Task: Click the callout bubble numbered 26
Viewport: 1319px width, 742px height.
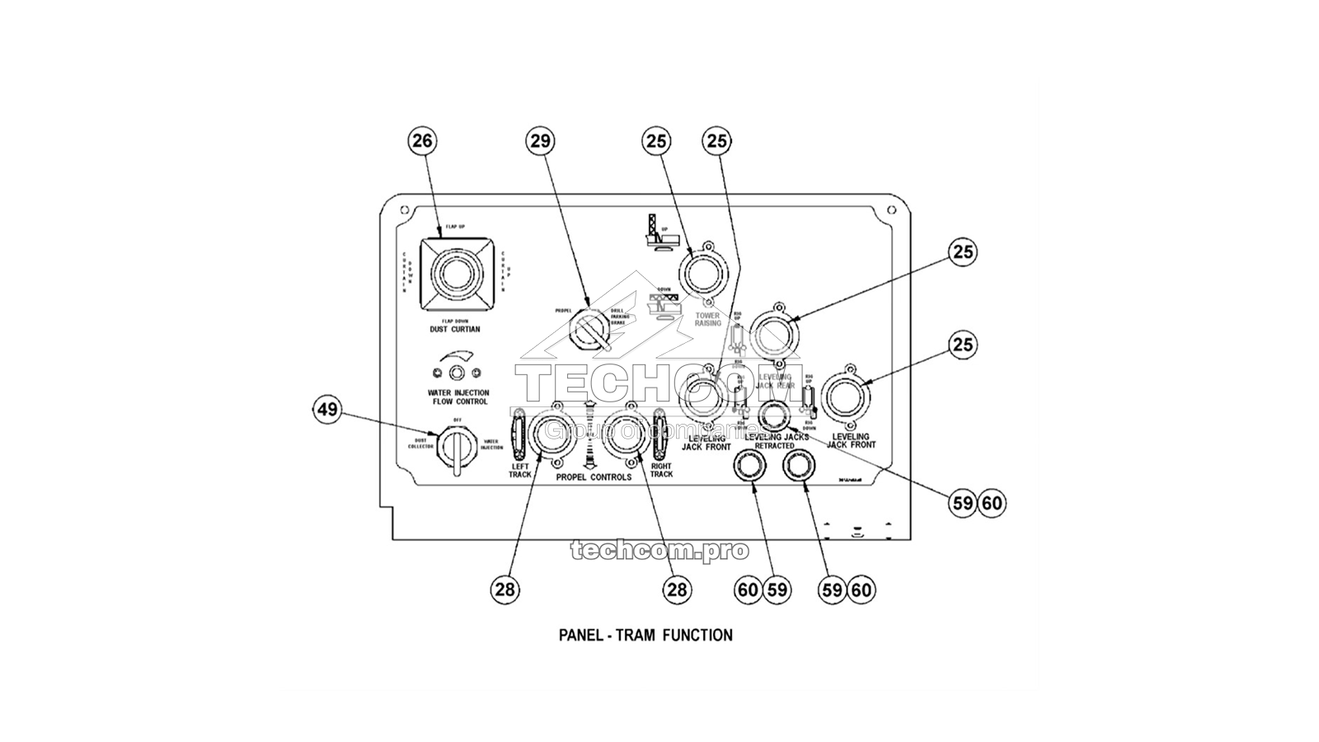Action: click(x=422, y=141)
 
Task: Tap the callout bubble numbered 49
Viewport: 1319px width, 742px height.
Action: click(x=328, y=410)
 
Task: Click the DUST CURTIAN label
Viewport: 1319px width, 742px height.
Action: click(x=454, y=329)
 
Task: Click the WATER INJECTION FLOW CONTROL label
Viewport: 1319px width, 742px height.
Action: click(x=458, y=397)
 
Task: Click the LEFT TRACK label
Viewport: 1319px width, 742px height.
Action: click(x=519, y=471)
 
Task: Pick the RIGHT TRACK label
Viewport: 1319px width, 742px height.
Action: click(x=661, y=471)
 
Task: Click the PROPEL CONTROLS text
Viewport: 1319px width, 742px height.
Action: click(x=594, y=477)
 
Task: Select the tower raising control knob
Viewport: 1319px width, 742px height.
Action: click(x=703, y=273)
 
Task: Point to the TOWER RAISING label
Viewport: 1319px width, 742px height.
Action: click(x=707, y=319)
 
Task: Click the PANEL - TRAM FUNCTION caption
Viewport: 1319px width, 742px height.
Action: click(x=645, y=635)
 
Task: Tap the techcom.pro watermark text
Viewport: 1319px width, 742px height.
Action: click(x=659, y=551)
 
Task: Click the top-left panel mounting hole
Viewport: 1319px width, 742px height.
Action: click(x=403, y=211)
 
